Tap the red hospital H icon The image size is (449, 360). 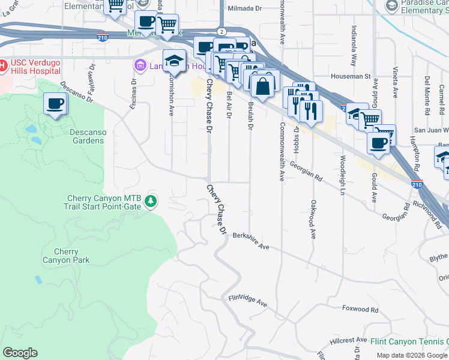tap(2, 64)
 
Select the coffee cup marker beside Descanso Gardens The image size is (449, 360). tap(55, 104)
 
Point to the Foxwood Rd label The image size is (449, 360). tap(360, 310)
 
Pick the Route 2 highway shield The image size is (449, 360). tap(222, 31)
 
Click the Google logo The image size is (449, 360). tap(20, 353)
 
